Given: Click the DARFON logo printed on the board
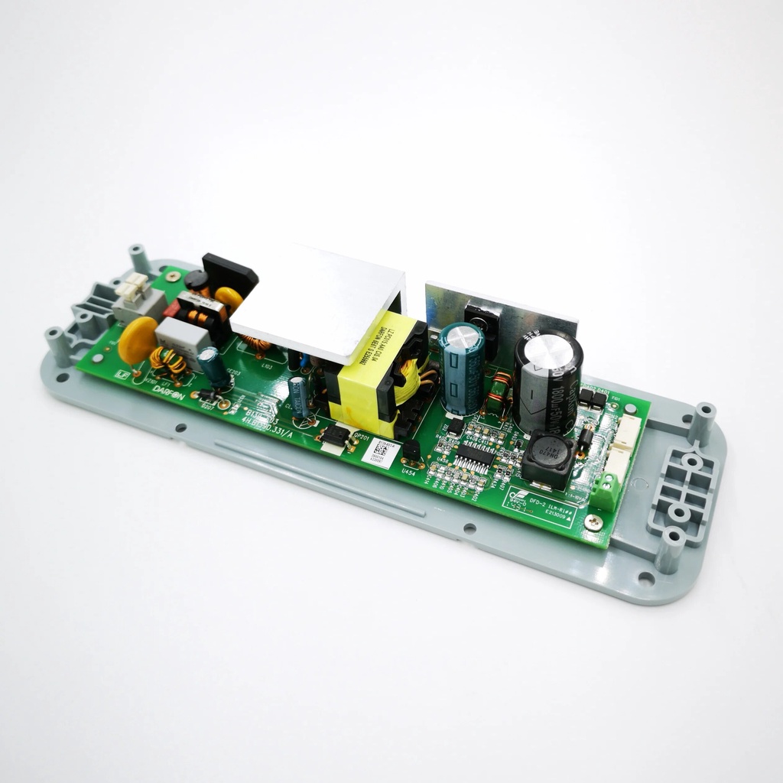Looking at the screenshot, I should point(169,388).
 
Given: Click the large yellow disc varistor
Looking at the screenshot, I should point(138,340).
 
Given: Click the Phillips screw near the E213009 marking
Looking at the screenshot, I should point(594,521).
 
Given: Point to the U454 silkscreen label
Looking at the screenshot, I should point(408,472).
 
